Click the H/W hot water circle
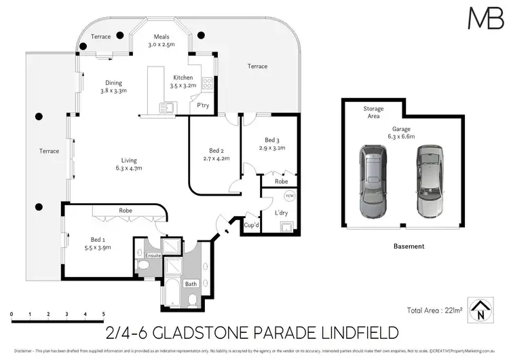pos(289,196)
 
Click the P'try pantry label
pos(202,105)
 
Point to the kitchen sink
pos(167,107)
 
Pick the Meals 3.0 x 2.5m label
pos(161,41)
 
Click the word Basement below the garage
pos(408,246)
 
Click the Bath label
pos(173,283)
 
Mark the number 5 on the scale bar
pos(103,314)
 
